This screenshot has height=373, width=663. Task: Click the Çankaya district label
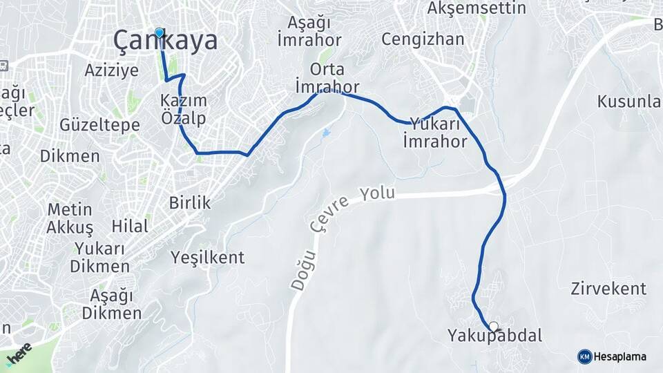165,41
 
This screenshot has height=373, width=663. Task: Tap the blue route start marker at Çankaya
160,32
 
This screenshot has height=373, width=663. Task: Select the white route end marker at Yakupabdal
493,327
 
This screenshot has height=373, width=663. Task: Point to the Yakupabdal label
494,337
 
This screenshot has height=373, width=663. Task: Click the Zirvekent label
608,289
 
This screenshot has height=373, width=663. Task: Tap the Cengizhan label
423,39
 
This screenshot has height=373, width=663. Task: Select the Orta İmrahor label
327,78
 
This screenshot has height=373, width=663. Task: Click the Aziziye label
106,70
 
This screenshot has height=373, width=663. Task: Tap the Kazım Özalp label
183,109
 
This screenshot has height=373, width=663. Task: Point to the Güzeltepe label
99,125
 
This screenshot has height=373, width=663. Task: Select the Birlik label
189,202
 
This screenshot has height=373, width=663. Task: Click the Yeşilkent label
207,258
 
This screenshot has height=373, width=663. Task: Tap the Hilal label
130,227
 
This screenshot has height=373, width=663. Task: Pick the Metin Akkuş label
70,218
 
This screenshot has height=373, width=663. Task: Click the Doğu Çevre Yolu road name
345,221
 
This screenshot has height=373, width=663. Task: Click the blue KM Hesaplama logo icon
584,356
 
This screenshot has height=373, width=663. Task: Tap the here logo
19,353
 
